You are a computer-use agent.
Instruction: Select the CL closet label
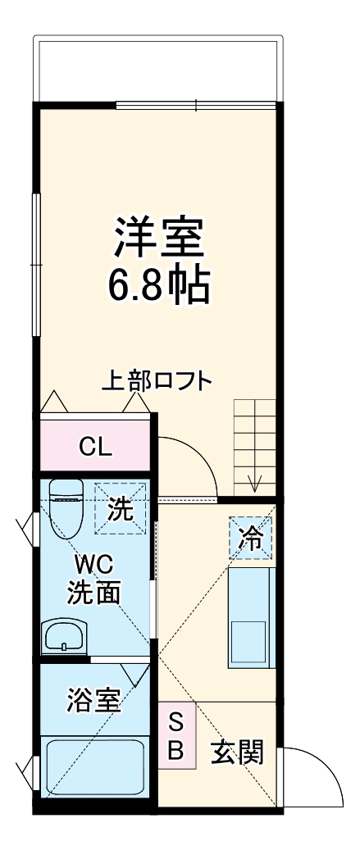[95, 447]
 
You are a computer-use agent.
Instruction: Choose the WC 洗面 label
[95, 578]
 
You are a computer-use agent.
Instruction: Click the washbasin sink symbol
[64, 636]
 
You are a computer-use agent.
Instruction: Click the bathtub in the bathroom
[94, 766]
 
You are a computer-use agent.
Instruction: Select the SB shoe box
[177, 735]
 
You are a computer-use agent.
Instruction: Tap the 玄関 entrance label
[238, 752]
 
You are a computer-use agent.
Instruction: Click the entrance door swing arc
[315, 775]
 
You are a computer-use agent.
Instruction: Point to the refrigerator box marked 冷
[252, 538]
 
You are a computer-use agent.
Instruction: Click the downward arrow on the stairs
[255, 484]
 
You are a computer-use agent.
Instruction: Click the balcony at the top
[157, 70]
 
